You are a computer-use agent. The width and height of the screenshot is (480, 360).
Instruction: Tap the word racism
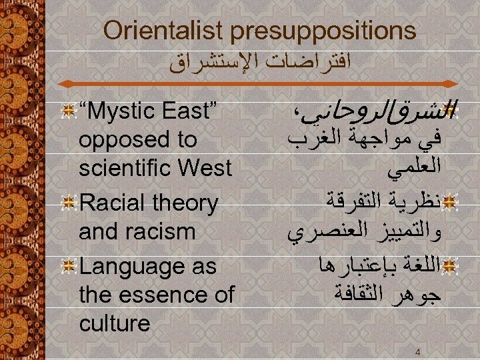tap(165, 231)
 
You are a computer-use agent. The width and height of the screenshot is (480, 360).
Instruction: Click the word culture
tap(114, 323)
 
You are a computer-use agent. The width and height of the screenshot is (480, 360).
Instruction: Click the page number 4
tap(417, 351)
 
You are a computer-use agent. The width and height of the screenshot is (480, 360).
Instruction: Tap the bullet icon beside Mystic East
tap(67, 111)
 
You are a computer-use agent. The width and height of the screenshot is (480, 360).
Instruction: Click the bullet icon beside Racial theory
tap(67, 203)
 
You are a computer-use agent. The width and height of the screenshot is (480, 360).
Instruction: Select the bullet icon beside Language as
tap(67, 267)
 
